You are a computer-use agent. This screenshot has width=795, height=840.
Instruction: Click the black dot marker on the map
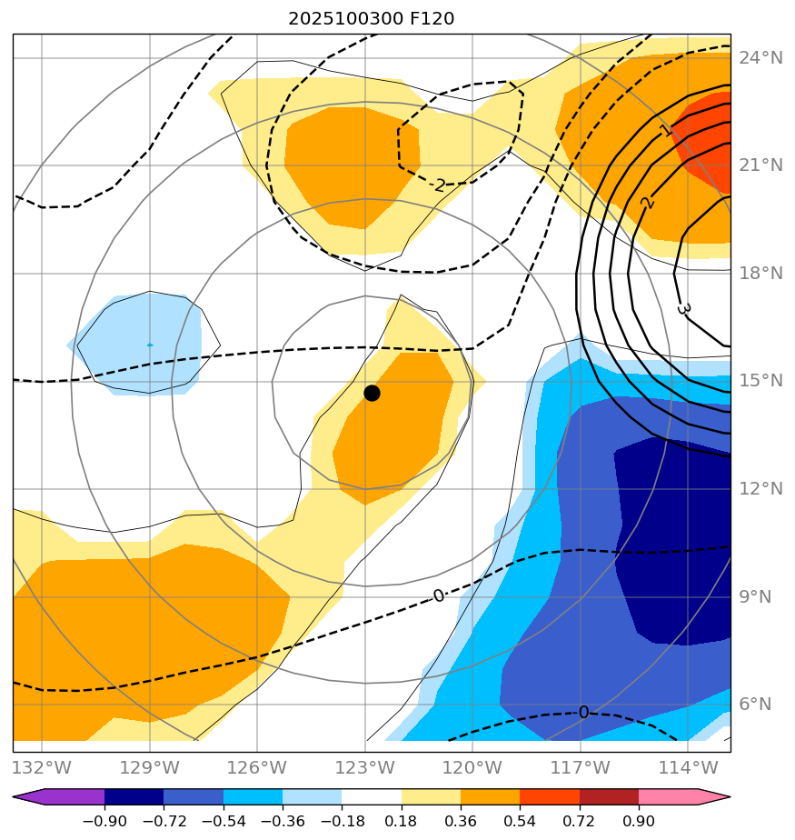point(372,393)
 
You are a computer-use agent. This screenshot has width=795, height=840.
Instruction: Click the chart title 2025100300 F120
point(371,19)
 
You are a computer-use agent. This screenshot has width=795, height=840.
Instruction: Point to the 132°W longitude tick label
point(42,767)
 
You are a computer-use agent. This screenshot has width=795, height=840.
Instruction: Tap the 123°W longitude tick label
point(365,767)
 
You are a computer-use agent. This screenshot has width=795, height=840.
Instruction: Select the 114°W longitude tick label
point(688,767)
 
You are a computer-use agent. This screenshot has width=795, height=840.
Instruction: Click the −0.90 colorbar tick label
point(104,821)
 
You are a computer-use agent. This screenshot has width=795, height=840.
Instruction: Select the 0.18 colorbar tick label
point(402,821)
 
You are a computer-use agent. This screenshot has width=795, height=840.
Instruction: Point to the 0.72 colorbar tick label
point(580,821)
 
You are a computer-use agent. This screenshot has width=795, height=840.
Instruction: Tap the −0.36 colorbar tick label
point(283,821)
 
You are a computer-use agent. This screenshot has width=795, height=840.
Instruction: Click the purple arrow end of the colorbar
point(28,797)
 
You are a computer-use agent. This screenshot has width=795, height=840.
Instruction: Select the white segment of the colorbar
point(372,797)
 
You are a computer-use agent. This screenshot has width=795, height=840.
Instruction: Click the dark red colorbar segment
point(609,797)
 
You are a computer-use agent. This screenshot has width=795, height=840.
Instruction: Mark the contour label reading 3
point(684,309)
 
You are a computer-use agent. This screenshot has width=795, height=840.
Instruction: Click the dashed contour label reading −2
point(440,185)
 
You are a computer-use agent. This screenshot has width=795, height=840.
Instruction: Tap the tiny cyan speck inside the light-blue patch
point(150,345)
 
